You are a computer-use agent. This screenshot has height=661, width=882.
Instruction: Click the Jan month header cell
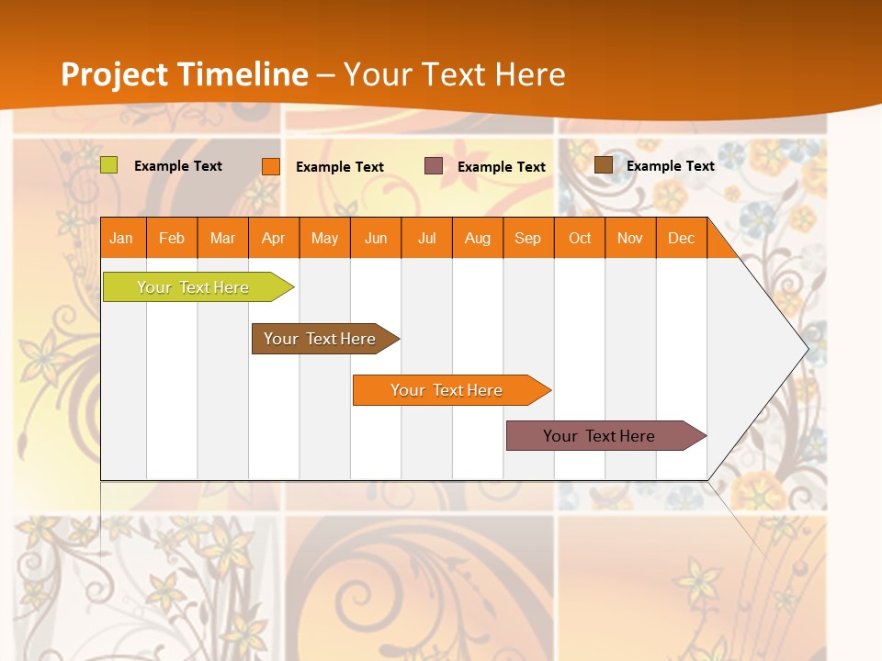pos(122,238)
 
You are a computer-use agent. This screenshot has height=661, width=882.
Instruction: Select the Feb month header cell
pos(172,238)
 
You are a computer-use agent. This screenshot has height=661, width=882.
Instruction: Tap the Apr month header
pos(274,238)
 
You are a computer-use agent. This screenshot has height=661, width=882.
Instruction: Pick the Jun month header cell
pos(376,238)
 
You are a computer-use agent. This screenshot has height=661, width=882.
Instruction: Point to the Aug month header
pos(478,238)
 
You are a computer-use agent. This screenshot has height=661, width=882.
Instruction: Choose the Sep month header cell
pos(528,238)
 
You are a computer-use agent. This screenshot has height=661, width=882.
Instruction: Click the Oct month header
pos(580,238)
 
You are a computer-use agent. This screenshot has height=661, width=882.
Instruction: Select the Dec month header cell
pos(682,238)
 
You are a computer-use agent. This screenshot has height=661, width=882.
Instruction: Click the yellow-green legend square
pos(109,165)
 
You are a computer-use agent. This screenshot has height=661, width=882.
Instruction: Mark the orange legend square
pos(271,166)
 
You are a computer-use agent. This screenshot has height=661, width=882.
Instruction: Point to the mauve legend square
pos(434,166)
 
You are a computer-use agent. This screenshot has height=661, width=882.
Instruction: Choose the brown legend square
pos(604,165)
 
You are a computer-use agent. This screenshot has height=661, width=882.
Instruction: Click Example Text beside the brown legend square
pos(671,166)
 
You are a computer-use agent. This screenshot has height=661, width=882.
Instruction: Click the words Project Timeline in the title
pos(185,74)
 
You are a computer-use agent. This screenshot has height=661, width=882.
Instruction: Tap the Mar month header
pos(222,238)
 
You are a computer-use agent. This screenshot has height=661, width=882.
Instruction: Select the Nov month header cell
pos(630,238)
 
